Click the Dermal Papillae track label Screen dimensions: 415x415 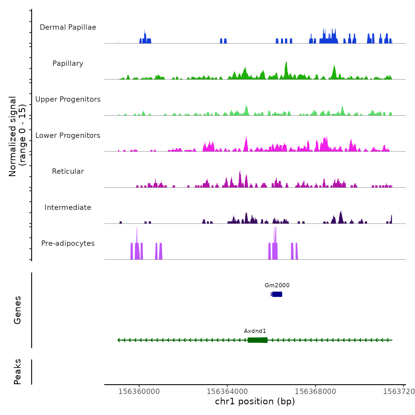point(68,27)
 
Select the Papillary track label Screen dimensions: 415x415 point(68,63)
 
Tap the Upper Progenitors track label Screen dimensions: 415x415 point(68,99)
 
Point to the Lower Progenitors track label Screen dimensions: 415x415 point(68,135)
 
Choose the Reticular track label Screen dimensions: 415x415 point(68,171)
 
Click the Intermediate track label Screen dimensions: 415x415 point(68,207)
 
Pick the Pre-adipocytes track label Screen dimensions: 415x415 point(68,243)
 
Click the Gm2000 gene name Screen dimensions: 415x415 point(277,285)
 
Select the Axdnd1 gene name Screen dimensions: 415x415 point(255,331)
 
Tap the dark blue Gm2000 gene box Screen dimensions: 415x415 point(277,294)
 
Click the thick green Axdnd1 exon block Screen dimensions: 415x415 point(257,340)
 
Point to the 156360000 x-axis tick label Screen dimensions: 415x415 point(139,391)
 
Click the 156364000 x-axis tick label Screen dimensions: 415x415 point(227,391)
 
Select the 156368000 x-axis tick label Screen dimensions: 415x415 point(315,391)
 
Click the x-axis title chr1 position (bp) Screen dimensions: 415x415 point(255,401)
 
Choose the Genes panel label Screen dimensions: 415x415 point(17,310)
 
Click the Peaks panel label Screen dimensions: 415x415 point(17,372)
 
